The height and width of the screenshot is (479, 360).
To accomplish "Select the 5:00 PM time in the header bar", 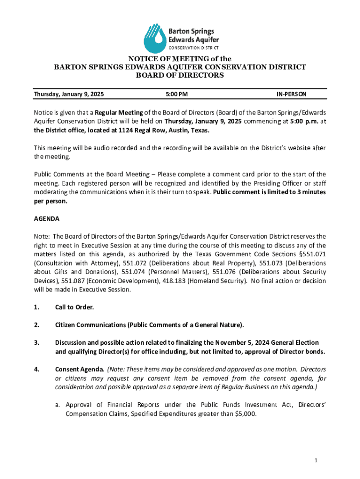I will (x=177, y=94).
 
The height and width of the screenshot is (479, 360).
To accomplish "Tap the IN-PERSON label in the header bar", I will (x=291, y=94).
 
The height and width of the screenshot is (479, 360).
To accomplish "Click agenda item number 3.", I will (x=36, y=343).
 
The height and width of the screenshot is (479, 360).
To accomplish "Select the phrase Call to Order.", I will (x=74, y=307).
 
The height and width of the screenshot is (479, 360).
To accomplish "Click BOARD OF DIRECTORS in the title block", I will (x=180, y=75).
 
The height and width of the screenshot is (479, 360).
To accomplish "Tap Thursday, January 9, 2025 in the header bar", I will (x=69, y=94).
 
